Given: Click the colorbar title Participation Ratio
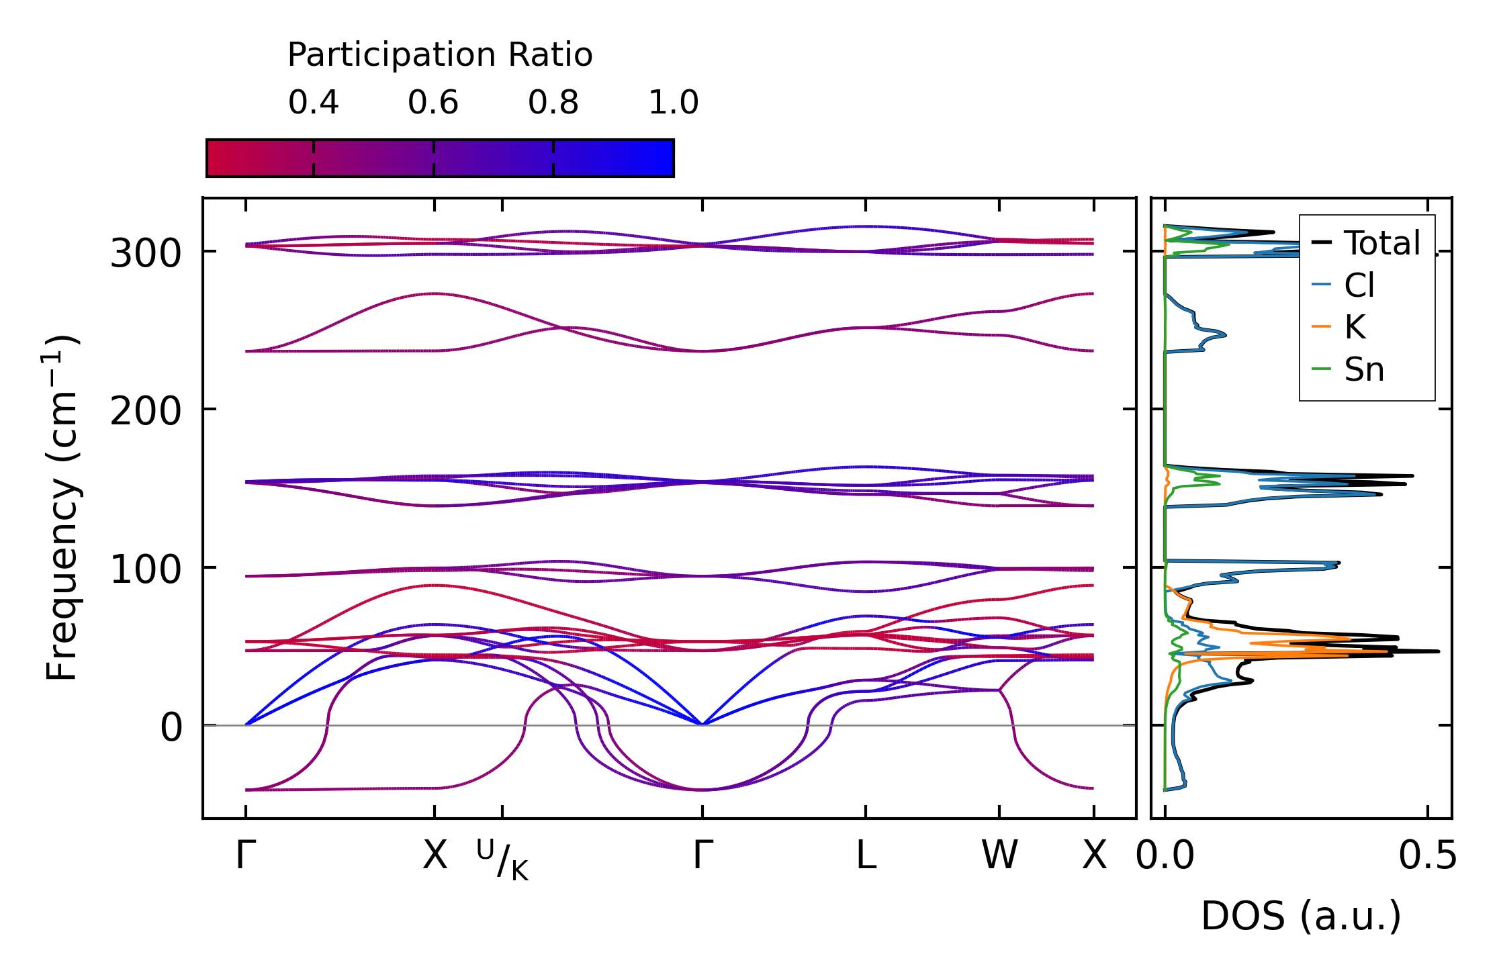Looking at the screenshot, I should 440,55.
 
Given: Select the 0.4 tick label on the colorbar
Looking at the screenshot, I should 313,103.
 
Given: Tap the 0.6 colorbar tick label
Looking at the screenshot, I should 433,103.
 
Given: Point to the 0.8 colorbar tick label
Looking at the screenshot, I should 553,103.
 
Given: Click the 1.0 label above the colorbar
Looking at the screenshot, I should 673,103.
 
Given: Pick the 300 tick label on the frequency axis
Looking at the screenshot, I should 146,254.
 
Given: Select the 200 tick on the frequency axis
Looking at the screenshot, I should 146,411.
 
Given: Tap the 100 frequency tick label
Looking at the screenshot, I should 146,569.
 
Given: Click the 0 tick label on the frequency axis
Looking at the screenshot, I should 171,728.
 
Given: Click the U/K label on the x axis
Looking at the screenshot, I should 502,859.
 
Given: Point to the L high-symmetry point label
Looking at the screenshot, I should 866,856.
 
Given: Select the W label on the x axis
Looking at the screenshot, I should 999,856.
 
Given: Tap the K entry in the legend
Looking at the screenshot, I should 1355,328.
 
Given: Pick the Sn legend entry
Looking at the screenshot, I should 1364,370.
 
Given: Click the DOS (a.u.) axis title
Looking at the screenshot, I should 1301,917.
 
